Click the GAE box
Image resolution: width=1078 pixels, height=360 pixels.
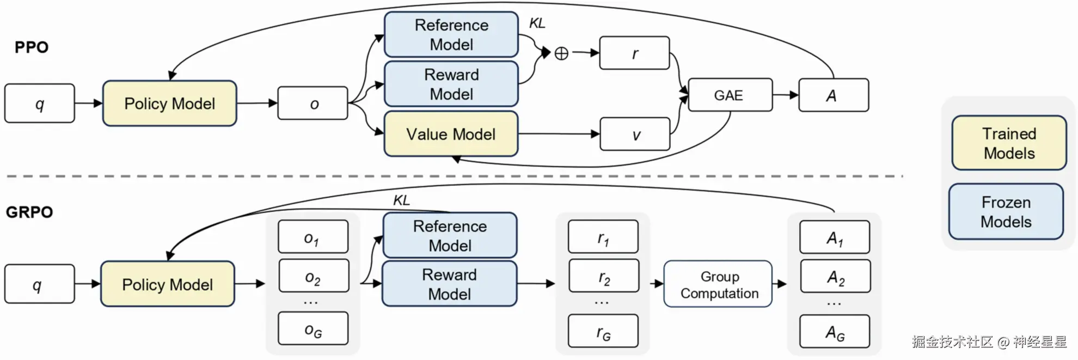pos(730,95)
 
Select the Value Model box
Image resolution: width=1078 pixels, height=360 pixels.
pos(451,134)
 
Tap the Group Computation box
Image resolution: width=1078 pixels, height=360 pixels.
pos(718,284)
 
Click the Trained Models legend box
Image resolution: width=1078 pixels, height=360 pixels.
pos(1009,143)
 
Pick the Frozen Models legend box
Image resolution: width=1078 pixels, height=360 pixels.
pos(1006,211)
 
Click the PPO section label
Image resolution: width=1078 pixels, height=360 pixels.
pos(32,47)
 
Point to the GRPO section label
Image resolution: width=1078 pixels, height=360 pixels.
pos(29,212)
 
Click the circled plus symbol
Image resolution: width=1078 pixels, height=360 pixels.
pos(561,53)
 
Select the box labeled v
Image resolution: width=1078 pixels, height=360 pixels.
pos(635,134)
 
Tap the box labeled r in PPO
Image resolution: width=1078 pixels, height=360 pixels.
pos(634,53)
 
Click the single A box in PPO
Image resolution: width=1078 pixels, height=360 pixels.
pos(834,95)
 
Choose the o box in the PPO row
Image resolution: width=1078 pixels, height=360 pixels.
pos(313,103)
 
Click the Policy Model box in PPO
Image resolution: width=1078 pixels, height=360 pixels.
pos(169,103)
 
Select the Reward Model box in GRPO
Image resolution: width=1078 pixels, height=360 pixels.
pos(449,284)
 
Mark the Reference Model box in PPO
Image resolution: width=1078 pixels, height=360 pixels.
pos(451,34)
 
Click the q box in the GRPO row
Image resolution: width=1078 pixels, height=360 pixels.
pos(40,284)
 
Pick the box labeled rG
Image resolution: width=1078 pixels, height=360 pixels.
pos(603,331)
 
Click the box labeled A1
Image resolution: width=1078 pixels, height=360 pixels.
pos(835,237)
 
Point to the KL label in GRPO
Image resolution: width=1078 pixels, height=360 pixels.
pos(401,200)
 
